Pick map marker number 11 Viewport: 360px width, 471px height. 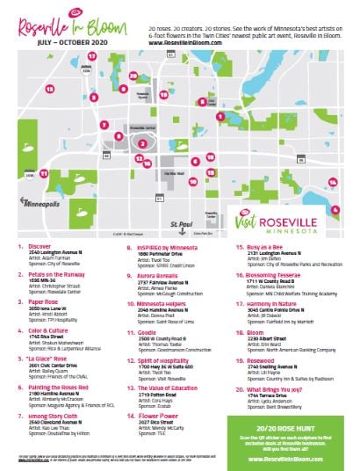[45, 175]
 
